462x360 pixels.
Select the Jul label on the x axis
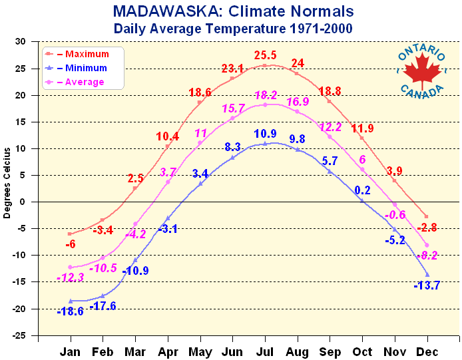[265, 350]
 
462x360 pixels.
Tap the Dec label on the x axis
[427, 350]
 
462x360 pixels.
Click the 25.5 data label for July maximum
[266, 54]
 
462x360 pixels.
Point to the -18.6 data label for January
[70, 311]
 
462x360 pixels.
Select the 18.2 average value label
[266, 94]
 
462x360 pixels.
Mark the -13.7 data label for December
[427, 285]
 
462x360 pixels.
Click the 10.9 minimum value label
[266, 134]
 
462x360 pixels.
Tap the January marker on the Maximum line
[70, 234]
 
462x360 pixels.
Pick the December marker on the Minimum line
[427, 275]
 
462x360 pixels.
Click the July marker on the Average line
[265, 104]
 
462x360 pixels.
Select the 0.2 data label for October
[362, 190]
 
